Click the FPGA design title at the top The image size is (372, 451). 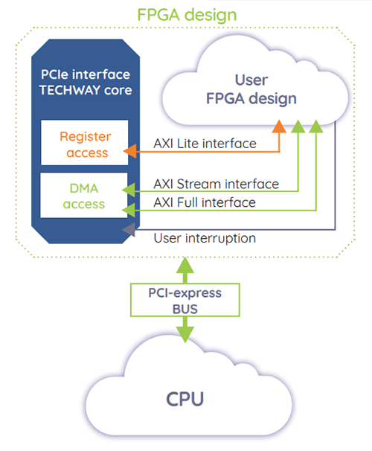pos(185,14)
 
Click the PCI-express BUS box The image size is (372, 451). pos(185,298)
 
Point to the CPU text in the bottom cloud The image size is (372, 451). pos(185,397)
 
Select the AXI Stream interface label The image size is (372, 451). pos(216,183)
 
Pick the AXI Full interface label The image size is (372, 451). pos(204,202)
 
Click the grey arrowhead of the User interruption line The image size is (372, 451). pos(130,228)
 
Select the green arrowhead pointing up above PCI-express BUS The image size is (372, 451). pos(185,262)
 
